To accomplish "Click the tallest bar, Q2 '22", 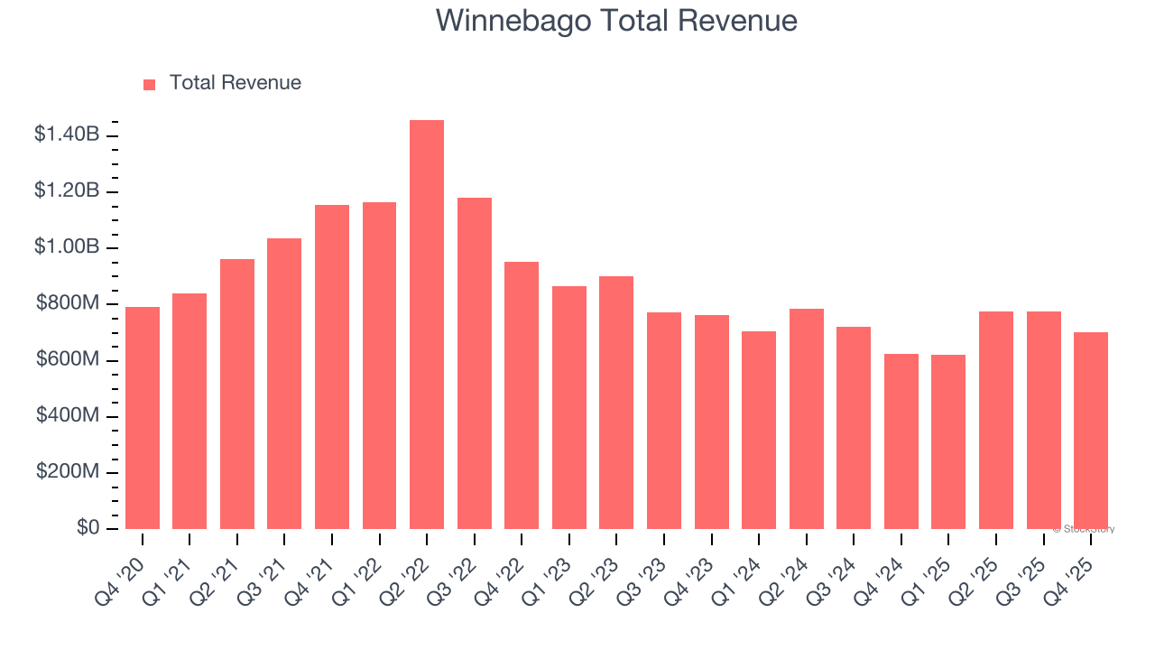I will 427,325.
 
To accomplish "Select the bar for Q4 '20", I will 143,418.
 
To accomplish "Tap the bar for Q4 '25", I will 1091,431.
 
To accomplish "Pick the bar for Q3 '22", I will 475,363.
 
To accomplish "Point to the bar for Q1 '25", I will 948,441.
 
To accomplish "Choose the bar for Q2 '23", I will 616,403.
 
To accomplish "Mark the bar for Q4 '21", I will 332,367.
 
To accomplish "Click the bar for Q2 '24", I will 806,419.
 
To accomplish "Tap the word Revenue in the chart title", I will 741,21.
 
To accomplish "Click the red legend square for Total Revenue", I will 150,84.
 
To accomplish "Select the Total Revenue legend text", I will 235,83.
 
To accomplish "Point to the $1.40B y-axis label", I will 67,135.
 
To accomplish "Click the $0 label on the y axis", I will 87,527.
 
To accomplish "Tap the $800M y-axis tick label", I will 68,303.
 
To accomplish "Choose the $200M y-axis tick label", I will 68,471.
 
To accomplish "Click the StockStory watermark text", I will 1084,529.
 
